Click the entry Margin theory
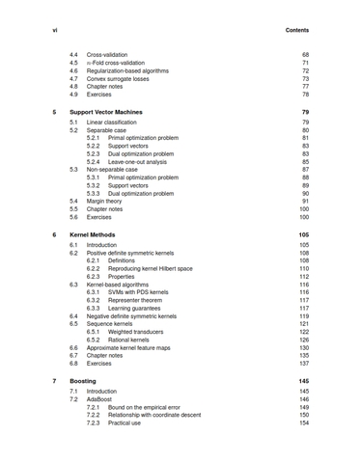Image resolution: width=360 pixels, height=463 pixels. coord(109,201)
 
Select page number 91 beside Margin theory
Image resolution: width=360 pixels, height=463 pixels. coord(305,201)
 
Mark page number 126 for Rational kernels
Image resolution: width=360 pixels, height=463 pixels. coord(304,339)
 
